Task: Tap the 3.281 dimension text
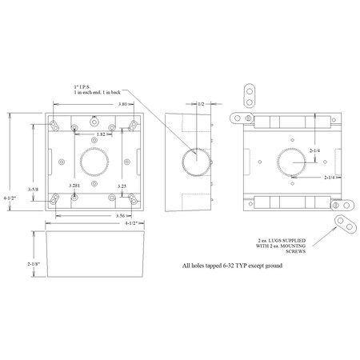[74, 186]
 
